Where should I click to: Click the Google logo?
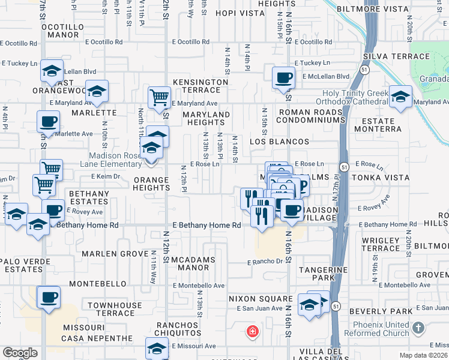pyautogui.click(x=20, y=352)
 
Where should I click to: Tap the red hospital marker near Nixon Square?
pyautogui.click(x=253, y=331)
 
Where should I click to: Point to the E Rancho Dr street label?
pyautogui.click(x=264, y=262)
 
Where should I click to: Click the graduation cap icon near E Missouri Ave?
pyautogui.click(x=157, y=348)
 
